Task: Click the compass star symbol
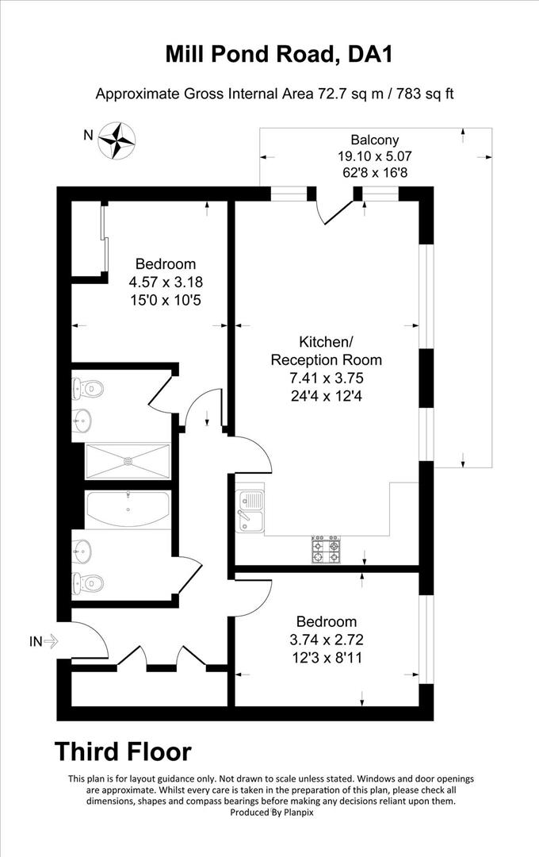(117, 139)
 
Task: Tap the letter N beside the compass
(89, 135)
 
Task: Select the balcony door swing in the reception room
(333, 208)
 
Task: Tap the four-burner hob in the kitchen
(327, 550)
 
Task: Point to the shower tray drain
(128, 460)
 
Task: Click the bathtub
(128, 509)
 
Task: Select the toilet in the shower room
(88, 389)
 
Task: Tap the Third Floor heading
(122, 751)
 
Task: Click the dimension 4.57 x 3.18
(165, 281)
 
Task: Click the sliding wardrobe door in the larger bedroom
(104, 238)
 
